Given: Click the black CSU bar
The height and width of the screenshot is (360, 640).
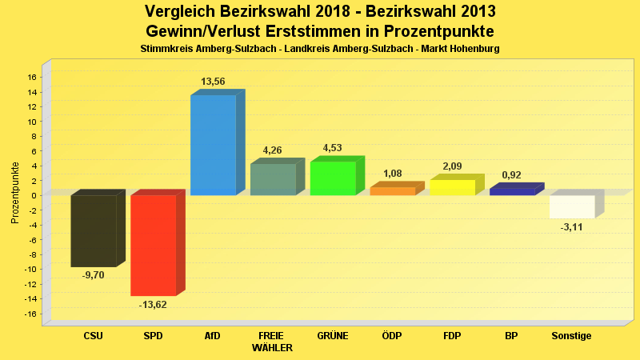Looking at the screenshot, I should (x=93, y=230).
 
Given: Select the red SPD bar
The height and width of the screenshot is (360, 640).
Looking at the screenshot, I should (x=153, y=245).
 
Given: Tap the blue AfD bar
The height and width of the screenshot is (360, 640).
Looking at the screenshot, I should (x=213, y=145).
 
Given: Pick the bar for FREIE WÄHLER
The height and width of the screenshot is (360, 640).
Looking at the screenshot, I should (x=273, y=179).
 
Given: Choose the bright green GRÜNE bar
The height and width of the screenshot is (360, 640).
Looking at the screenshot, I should (x=333, y=178).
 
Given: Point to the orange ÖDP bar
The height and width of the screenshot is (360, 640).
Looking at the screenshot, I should (x=392, y=191).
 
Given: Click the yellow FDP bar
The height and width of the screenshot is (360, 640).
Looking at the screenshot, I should (x=452, y=187).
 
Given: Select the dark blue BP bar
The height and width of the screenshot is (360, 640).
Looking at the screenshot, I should (x=512, y=191).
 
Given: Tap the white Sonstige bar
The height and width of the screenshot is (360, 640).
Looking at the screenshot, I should (x=572, y=206).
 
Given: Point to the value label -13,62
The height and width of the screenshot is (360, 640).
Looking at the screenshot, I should (x=153, y=305).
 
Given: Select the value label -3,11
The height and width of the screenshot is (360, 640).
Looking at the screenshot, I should (x=572, y=228).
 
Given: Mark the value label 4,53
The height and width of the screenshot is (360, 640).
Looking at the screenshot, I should (x=332, y=148).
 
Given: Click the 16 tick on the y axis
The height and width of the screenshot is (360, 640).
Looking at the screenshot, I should (x=32, y=78).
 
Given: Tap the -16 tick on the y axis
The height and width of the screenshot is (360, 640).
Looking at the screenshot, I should (x=30, y=314).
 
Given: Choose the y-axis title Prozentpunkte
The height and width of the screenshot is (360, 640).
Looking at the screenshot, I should (x=15, y=194).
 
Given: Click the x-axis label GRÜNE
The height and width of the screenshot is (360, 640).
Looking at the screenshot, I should (x=332, y=336).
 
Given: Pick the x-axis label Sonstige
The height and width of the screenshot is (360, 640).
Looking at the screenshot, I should (x=571, y=336).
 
